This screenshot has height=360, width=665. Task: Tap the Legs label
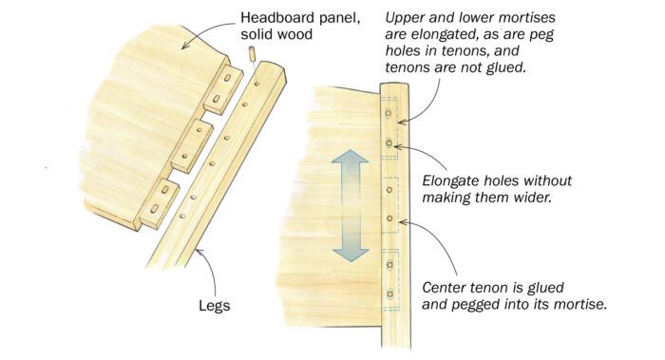coord(215,306)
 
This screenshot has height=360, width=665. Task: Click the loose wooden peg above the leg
coord(253,54)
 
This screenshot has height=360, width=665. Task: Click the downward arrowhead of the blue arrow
coord(351,254)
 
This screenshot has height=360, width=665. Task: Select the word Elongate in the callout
coord(450,181)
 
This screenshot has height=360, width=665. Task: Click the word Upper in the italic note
coord(404,19)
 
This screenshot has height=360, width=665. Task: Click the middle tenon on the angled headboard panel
coord(191,146)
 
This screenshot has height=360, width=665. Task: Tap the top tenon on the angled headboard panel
coord(222,90)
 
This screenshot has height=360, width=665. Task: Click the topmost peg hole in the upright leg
coord(389,113)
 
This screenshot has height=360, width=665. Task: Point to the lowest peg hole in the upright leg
coord(389,294)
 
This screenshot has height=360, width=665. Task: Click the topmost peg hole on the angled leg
coord(257,84)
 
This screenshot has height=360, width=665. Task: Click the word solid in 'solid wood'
coord(257,34)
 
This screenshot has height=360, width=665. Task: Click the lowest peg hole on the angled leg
coord(182,217)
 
